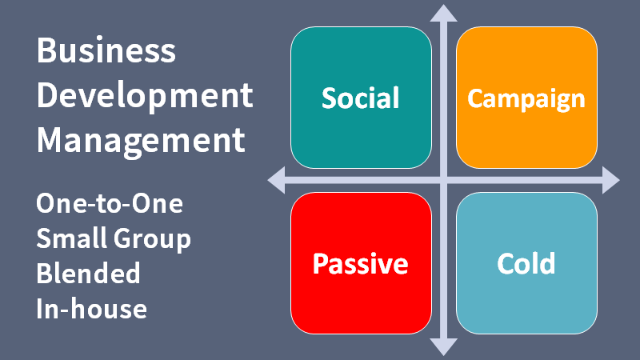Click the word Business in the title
[x=106, y=51]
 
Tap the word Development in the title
[x=145, y=96]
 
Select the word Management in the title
[x=141, y=141]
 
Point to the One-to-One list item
[x=110, y=204]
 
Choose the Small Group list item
[x=114, y=238]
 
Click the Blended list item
[x=88, y=273]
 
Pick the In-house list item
[x=91, y=308]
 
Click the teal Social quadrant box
[x=361, y=98]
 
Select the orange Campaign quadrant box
[x=526, y=98]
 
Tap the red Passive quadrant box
[x=361, y=263]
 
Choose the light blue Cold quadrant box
[x=526, y=263]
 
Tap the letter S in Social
[x=328, y=98]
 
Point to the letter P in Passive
[x=319, y=263]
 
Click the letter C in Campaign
[x=474, y=98]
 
